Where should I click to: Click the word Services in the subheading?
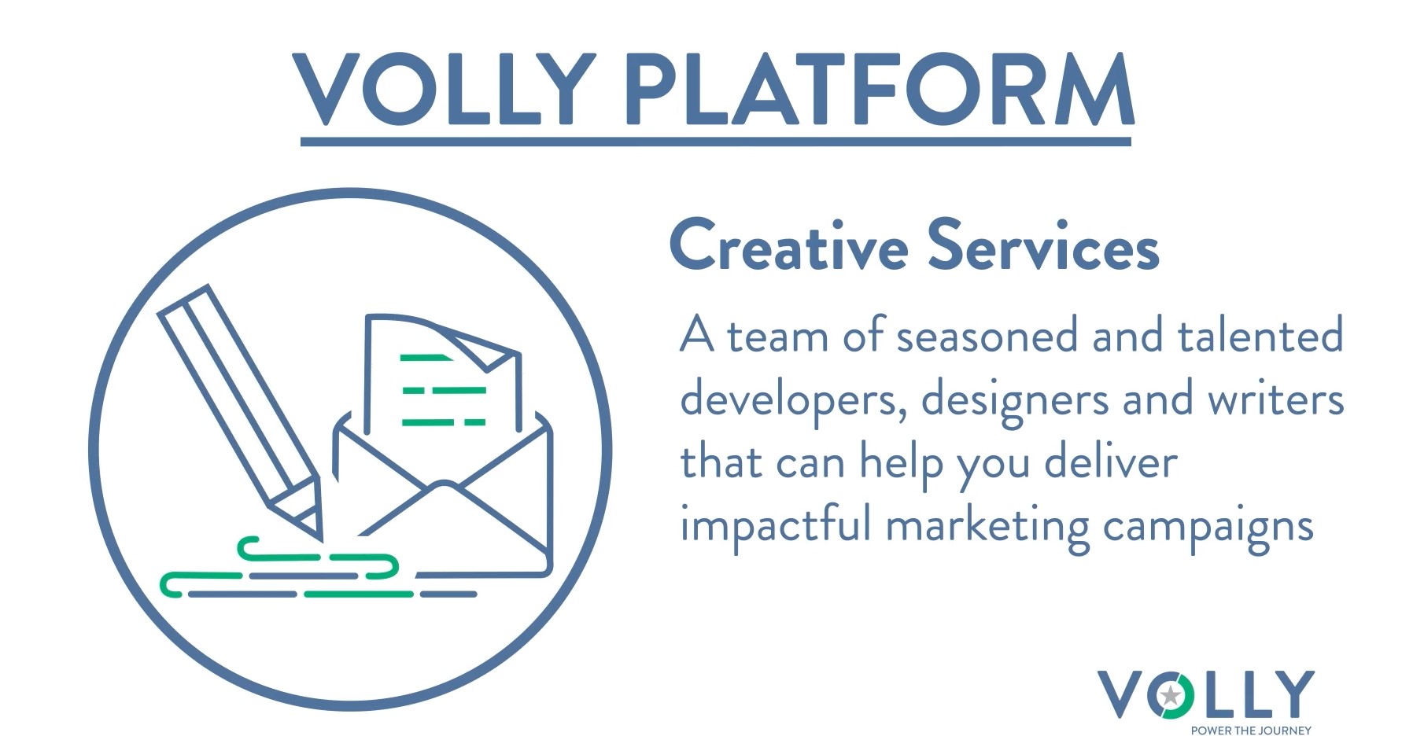(1043, 245)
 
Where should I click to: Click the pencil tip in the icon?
(320, 537)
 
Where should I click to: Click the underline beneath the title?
(716, 142)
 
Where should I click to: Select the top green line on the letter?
(426, 358)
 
